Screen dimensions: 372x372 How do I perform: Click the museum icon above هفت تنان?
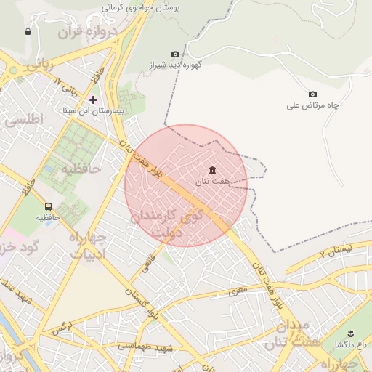211,171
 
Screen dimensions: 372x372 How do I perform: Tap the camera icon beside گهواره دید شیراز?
175,54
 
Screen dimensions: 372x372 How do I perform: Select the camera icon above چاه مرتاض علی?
312,94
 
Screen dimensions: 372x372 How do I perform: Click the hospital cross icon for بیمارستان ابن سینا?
93,99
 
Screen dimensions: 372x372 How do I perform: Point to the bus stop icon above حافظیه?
48,206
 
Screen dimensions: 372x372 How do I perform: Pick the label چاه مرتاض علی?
313,105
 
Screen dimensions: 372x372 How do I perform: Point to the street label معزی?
239,291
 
